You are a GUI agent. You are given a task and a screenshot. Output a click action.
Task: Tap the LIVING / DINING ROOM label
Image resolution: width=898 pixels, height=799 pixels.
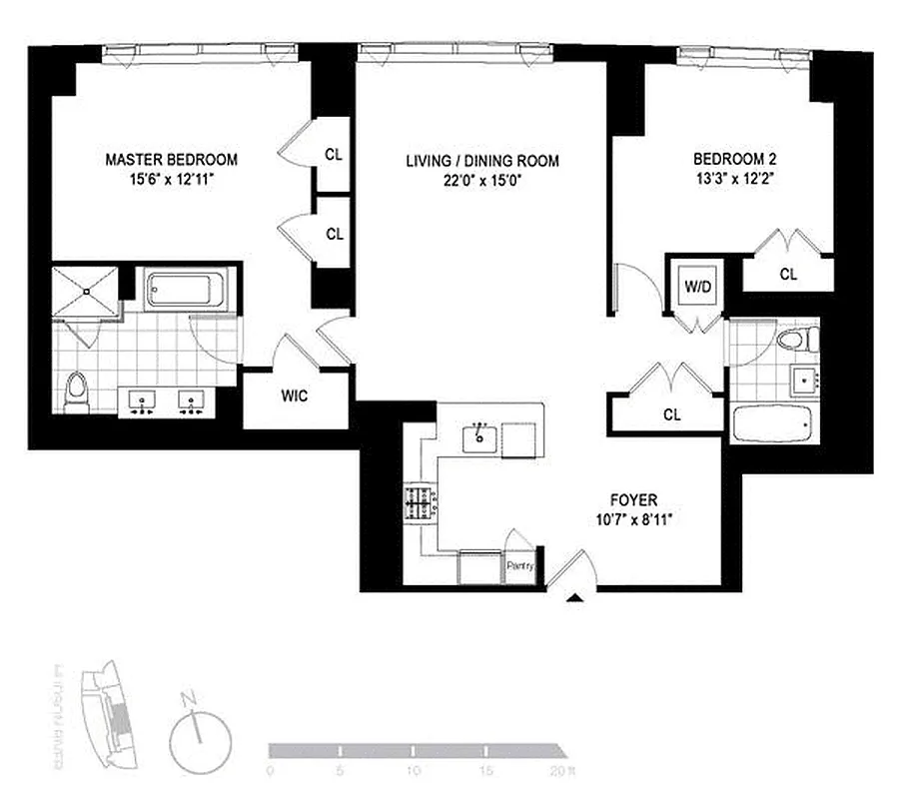(481, 161)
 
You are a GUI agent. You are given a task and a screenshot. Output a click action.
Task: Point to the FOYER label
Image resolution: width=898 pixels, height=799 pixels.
(632, 499)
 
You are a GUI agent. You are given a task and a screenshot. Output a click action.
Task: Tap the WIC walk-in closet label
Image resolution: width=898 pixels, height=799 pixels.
(296, 396)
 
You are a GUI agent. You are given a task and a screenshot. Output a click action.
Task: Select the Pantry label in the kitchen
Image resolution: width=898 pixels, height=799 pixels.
(520, 566)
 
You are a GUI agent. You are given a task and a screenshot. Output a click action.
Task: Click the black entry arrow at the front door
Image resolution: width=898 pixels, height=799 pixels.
(574, 599)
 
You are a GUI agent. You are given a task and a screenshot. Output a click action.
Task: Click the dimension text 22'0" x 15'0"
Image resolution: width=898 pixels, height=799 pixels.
(481, 182)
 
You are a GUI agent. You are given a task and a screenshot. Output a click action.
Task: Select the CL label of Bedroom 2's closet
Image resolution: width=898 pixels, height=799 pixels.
(788, 273)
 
